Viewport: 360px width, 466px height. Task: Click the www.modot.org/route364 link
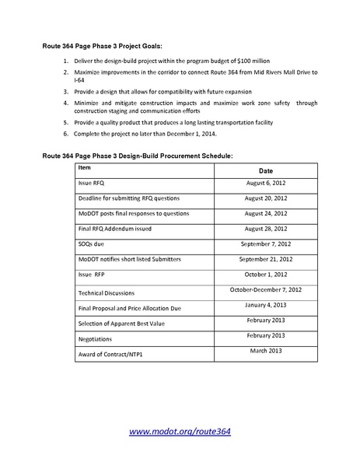point(180,431)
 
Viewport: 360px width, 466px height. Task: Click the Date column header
point(266,170)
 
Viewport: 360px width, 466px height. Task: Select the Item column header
point(85,167)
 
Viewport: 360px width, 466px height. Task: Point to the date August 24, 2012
point(266,213)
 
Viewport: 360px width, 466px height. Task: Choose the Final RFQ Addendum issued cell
point(114,229)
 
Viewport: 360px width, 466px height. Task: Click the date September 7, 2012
point(266,244)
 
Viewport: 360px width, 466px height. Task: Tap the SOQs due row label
point(91,244)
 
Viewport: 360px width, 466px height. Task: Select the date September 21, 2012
point(266,259)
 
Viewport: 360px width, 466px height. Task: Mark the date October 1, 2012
point(266,275)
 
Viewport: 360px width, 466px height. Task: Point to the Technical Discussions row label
point(107,293)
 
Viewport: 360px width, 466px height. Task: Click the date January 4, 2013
point(266,305)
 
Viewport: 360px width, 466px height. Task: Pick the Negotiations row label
point(96,339)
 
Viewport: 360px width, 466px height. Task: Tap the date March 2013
point(266,351)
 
